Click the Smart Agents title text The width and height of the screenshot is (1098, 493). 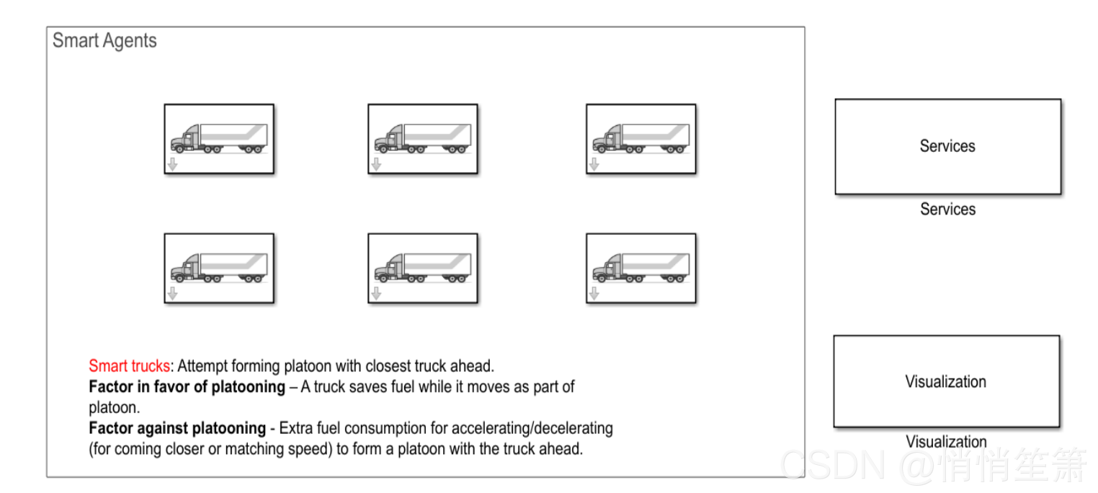pyautogui.click(x=104, y=41)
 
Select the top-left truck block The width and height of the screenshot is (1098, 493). pyautogui.click(x=219, y=139)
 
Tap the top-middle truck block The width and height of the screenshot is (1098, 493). pyautogui.click(x=423, y=139)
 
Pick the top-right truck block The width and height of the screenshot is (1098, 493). pyautogui.click(x=641, y=139)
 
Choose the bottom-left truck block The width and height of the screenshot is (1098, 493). pyautogui.click(x=219, y=268)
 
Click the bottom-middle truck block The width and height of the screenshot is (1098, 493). pyautogui.click(x=423, y=268)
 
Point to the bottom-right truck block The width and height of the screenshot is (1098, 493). pyautogui.click(x=641, y=268)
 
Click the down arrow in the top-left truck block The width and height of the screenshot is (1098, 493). pyautogui.click(x=172, y=165)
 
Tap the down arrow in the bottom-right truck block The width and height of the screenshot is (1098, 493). pyautogui.click(x=594, y=294)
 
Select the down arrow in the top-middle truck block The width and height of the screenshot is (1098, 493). pyautogui.click(x=376, y=165)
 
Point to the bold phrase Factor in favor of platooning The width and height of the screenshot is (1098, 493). pyautogui.click(x=187, y=386)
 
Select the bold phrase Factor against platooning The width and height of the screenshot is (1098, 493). pyautogui.click(x=177, y=428)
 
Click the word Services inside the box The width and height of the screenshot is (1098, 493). pyautogui.click(x=947, y=146)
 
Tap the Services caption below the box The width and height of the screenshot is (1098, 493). pyautogui.click(x=947, y=209)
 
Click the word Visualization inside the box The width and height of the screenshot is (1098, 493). pyautogui.click(x=945, y=381)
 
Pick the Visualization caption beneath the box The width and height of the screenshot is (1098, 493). pyautogui.click(x=946, y=441)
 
